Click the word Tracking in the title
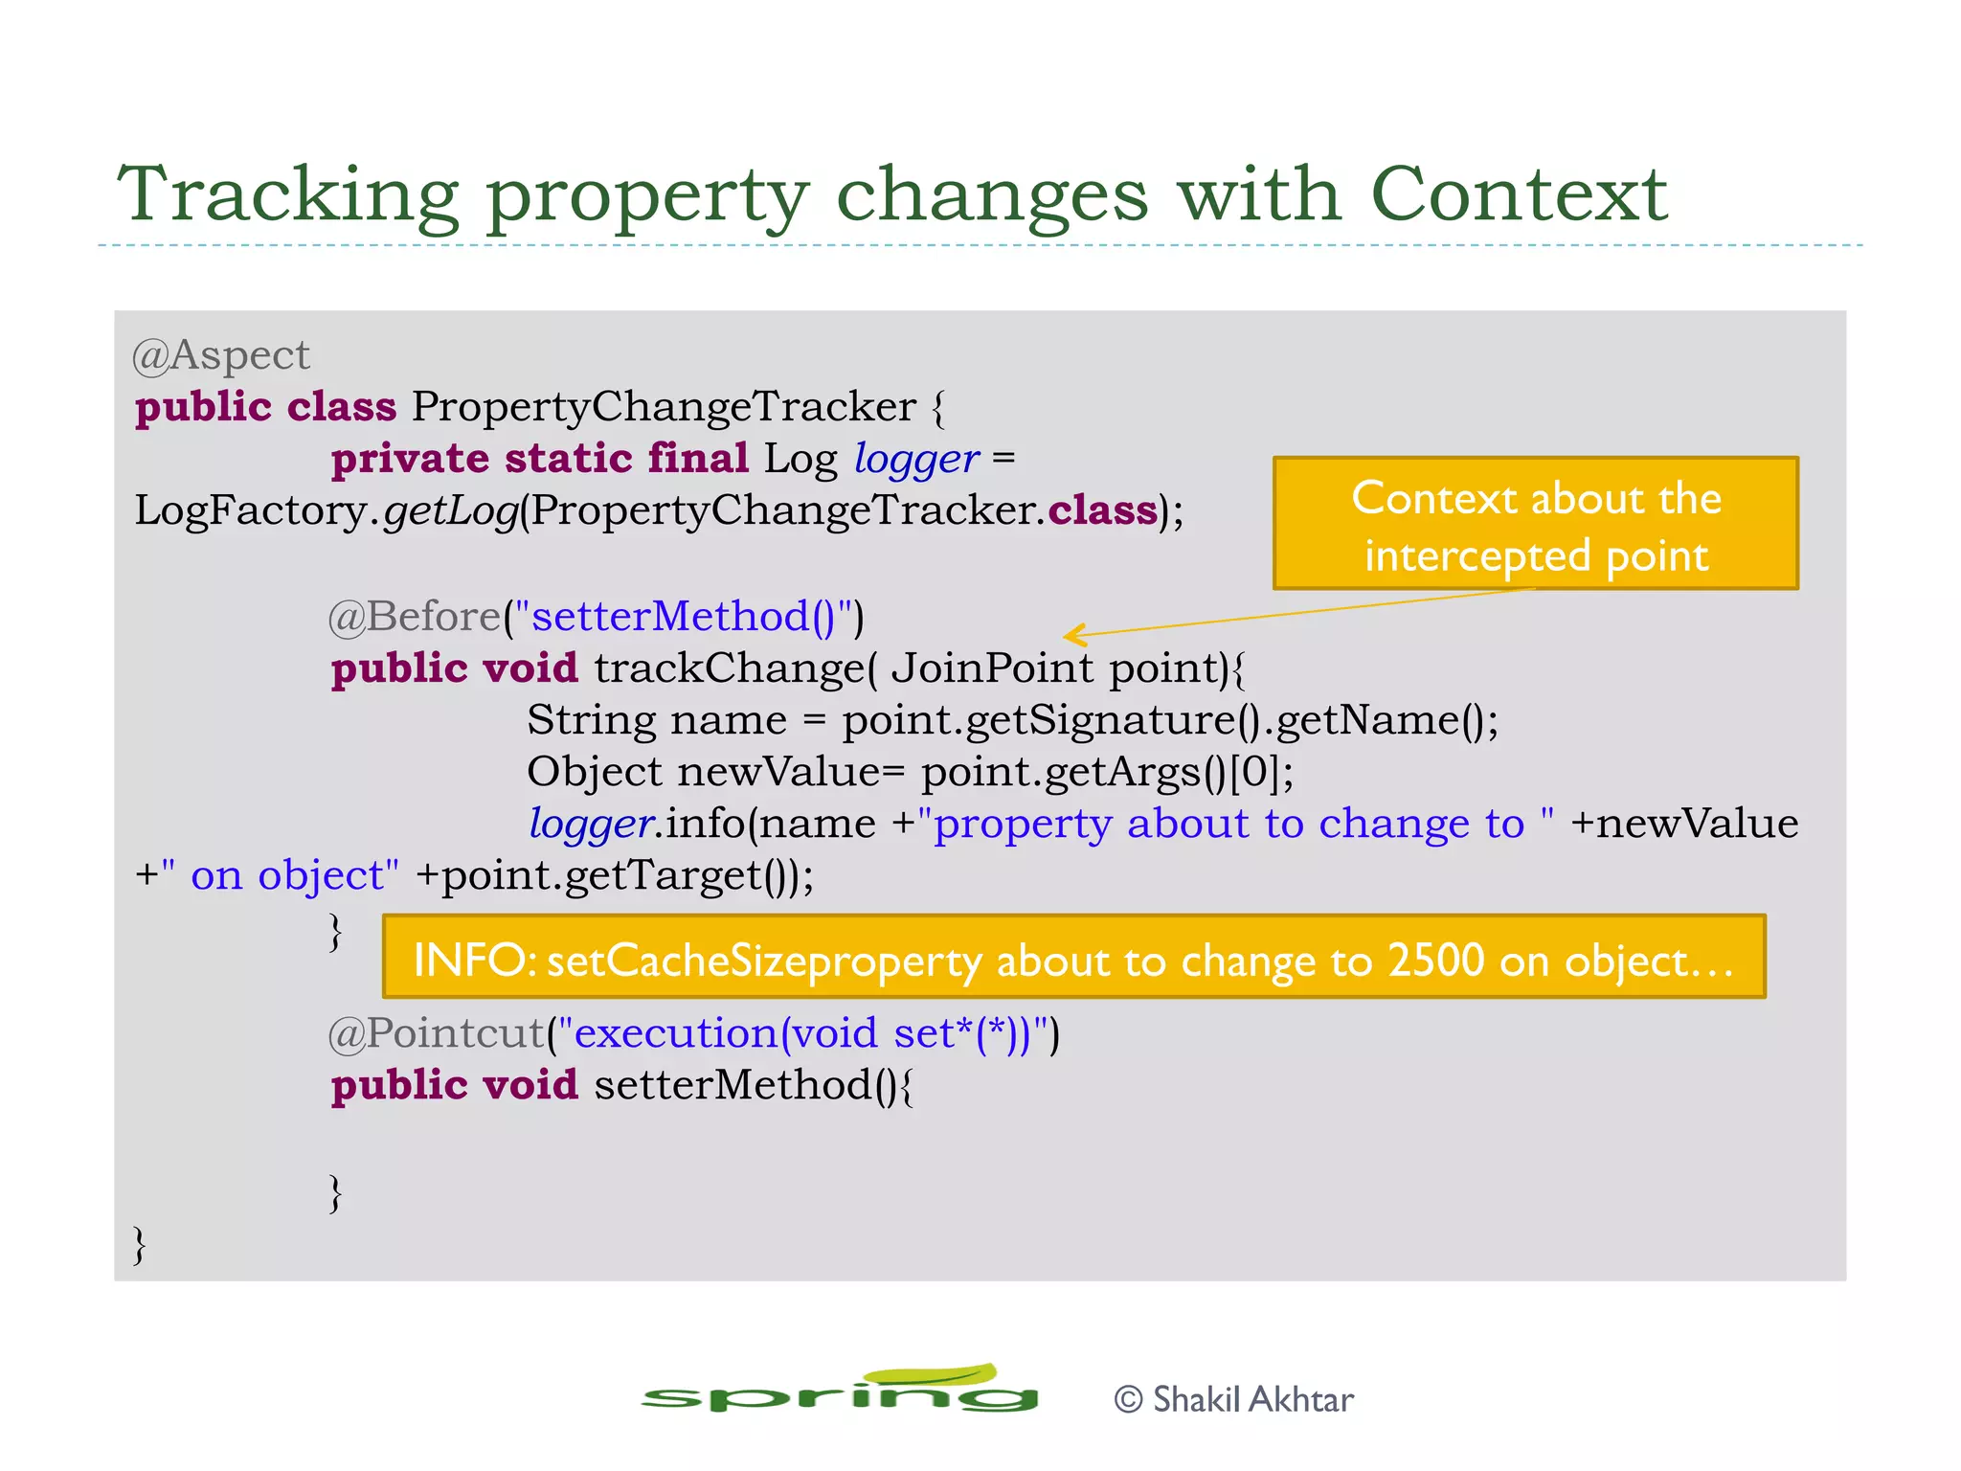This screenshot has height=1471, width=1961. click(x=287, y=195)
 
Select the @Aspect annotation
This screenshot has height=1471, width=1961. click(x=221, y=355)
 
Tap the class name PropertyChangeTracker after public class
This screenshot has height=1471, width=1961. click(x=664, y=407)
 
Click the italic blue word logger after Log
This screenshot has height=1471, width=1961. click(x=916, y=459)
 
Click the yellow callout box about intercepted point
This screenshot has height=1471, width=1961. click(x=1535, y=524)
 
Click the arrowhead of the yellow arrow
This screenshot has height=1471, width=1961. click(x=1072, y=634)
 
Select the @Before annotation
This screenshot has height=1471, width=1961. click(x=414, y=617)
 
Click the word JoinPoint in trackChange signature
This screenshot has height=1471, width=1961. click(x=991, y=668)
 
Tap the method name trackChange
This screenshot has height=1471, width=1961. click(x=728, y=668)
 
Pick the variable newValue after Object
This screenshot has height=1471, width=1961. click(x=778, y=772)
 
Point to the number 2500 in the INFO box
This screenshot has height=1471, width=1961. click(x=1435, y=960)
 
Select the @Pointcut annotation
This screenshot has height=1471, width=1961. click(x=437, y=1033)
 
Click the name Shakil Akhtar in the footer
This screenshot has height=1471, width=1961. click(x=1252, y=1400)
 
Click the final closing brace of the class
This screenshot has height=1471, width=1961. click(x=140, y=1244)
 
